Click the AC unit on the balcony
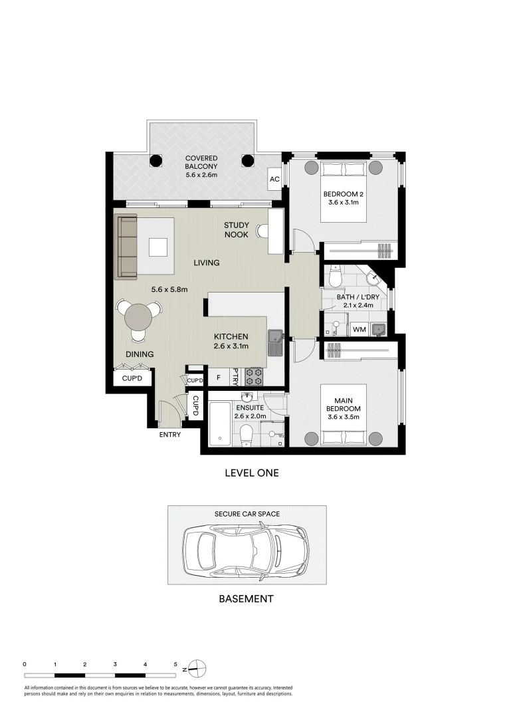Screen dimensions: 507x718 pos(274,179)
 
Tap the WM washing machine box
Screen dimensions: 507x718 pos(359,329)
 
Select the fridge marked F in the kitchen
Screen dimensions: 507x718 pos(219,378)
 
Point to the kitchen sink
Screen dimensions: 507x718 pos(276,343)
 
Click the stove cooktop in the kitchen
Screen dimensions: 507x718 pos(254,377)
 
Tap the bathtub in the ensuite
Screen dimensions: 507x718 pos(220,424)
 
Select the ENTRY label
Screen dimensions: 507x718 pos(169,435)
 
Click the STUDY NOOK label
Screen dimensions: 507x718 pos(236,230)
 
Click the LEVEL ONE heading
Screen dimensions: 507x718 pos(252,473)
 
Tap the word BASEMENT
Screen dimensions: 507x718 pos(246,599)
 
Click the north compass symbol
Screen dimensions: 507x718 pos(197,669)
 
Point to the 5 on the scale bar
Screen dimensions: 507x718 pos(175,664)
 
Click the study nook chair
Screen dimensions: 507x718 pos(262,231)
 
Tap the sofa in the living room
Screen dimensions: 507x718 pos(128,247)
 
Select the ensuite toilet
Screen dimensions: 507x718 pos(246,434)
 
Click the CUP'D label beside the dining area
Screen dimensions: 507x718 pos(132,379)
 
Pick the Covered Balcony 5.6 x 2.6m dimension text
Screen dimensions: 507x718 pos(201,175)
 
